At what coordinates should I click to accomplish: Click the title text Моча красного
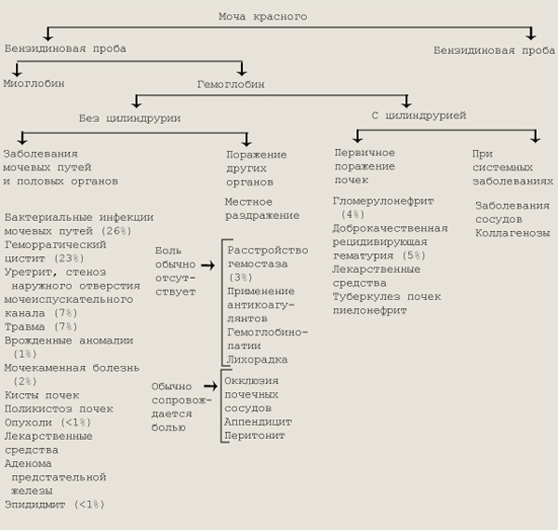261,17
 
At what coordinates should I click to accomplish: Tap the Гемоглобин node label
231,84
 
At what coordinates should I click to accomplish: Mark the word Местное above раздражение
248,201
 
